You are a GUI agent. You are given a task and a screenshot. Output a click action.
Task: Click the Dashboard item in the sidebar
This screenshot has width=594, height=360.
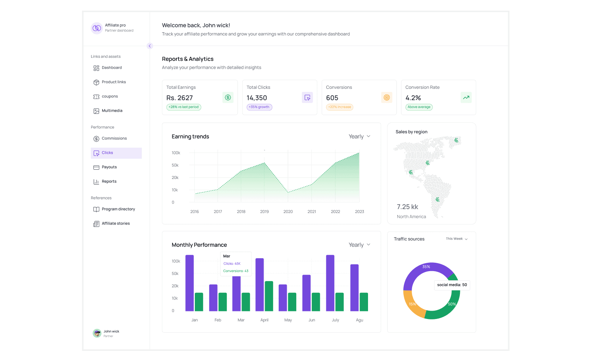click(112, 68)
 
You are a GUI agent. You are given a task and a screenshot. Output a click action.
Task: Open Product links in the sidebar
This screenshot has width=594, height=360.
click(114, 82)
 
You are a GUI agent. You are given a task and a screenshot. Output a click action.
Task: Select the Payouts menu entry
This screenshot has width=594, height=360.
click(109, 167)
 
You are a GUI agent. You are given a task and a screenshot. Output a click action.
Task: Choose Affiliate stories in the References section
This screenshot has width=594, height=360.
click(115, 224)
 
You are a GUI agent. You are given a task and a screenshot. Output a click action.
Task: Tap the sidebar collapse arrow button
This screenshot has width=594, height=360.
click(150, 46)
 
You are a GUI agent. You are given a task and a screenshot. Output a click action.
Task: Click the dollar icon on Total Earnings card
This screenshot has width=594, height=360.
click(228, 98)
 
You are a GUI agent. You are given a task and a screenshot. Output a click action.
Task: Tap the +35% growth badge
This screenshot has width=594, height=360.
click(259, 107)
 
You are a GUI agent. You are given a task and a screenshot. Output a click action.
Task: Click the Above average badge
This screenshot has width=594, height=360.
click(419, 107)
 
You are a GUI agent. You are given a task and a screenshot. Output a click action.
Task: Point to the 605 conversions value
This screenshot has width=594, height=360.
click(332, 98)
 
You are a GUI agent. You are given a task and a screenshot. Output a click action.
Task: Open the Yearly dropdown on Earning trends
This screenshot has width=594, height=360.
click(359, 137)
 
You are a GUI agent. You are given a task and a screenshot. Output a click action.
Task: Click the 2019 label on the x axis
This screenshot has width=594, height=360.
click(264, 212)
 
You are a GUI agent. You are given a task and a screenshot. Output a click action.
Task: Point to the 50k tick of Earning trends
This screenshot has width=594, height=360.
click(175, 166)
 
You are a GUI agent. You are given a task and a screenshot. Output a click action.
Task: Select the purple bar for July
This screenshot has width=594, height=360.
click(330, 283)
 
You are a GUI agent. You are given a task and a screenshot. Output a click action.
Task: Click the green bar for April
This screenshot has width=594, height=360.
click(269, 296)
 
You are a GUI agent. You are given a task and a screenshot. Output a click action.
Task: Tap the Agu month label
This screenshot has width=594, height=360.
click(359, 320)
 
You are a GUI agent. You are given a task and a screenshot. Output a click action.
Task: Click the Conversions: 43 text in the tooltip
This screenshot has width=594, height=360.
click(235, 271)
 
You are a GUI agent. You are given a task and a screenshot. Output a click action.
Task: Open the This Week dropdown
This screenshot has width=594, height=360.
click(457, 239)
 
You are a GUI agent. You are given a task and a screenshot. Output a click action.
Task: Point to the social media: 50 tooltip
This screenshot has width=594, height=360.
click(452, 285)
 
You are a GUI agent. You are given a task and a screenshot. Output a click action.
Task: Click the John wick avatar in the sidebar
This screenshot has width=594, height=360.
click(97, 333)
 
